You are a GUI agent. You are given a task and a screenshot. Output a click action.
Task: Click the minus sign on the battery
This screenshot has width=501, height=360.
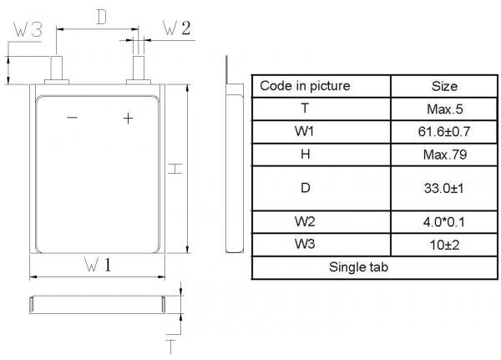coord(72,119)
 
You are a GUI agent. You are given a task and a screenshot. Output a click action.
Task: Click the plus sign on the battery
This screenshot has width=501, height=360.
coord(128,119)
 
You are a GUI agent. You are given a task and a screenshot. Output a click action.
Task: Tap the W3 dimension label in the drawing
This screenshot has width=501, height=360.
coord(28,30)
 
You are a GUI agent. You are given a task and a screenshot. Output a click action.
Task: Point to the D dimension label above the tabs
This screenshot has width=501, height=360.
coord(100,18)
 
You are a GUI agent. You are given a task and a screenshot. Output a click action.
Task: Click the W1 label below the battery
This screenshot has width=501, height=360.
coord(98,266)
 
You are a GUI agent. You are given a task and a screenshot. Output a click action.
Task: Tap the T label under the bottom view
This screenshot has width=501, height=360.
coord(170,345)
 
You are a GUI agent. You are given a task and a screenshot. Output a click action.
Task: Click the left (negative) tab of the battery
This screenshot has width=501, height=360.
coord(59,68)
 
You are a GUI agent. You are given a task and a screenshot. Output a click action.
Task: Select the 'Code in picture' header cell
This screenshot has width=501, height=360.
coord(305,86)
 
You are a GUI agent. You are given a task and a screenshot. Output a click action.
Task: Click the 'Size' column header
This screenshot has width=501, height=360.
coord(444,86)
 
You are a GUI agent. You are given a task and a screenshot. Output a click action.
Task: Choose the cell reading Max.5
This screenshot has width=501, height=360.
coord(444,109)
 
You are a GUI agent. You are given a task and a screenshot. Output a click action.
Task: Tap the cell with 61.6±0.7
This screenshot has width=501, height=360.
coord(444,132)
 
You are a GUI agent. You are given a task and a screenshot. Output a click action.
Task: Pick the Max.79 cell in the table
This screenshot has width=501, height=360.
coord(444,155)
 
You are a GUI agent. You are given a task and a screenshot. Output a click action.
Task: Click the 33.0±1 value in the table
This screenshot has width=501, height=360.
coord(444,189)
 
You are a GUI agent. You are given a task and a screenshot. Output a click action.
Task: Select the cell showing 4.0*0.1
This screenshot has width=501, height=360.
coord(444,223)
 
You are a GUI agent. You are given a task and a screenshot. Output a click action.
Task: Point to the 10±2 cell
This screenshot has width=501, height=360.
coord(444,246)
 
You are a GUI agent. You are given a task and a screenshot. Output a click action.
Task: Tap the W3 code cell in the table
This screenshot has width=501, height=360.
coord(305,246)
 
